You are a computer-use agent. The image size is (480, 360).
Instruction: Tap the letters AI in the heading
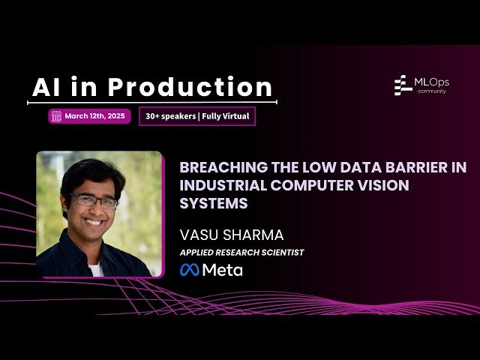(x=46, y=87)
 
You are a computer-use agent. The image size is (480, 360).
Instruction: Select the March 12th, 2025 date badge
(x=90, y=116)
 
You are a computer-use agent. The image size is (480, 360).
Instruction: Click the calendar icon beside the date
(x=56, y=116)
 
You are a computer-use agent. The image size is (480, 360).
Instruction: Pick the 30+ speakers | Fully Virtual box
(x=197, y=116)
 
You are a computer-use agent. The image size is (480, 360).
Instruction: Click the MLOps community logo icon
(x=402, y=85)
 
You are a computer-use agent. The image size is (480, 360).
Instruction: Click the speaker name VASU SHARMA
(x=232, y=234)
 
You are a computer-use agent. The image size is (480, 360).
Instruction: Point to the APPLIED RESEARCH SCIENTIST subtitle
(x=241, y=253)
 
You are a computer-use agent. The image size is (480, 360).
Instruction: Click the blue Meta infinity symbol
(x=190, y=270)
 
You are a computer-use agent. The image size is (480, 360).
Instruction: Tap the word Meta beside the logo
(x=223, y=270)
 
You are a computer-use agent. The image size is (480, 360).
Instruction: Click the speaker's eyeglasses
(x=94, y=201)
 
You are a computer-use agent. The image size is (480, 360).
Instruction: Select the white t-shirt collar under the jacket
(x=95, y=268)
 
